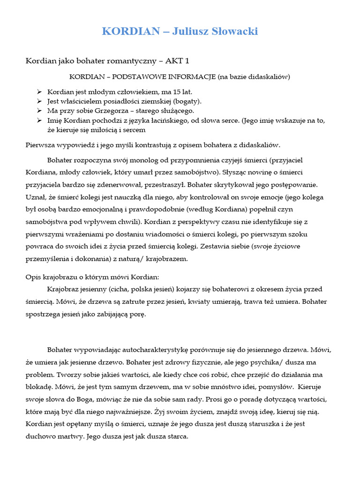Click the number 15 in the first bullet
[x=168, y=92]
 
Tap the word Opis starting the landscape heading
[x=33, y=277]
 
